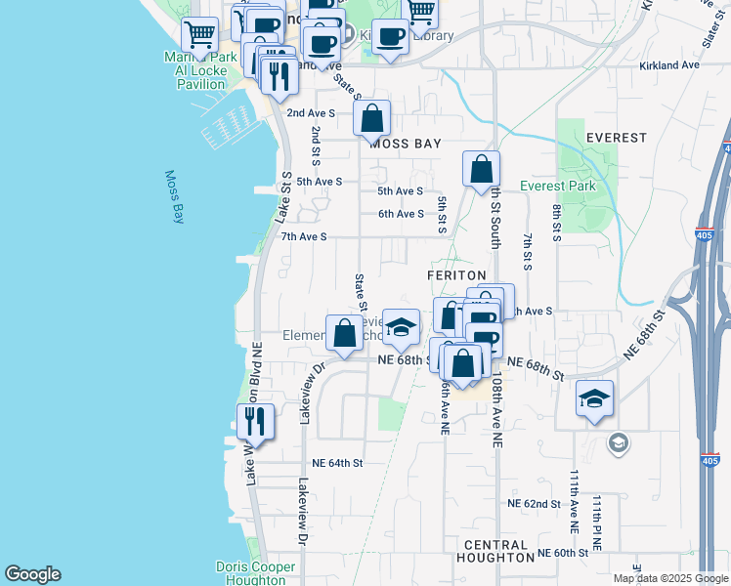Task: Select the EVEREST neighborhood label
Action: [x=616, y=138]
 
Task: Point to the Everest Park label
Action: [x=557, y=186]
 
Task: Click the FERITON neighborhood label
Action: [x=456, y=276]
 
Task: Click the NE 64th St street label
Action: [x=337, y=463]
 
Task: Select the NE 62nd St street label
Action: [x=534, y=504]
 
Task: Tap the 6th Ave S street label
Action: [x=401, y=214]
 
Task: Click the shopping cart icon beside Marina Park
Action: [x=200, y=34]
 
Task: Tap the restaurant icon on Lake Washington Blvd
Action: [x=255, y=421]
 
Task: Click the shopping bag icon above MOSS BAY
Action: [x=371, y=120]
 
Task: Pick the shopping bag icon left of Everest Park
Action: [x=481, y=171]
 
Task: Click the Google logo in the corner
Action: [x=32, y=574]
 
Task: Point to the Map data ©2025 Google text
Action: [x=670, y=579]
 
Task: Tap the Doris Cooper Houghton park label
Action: [x=255, y=573]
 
